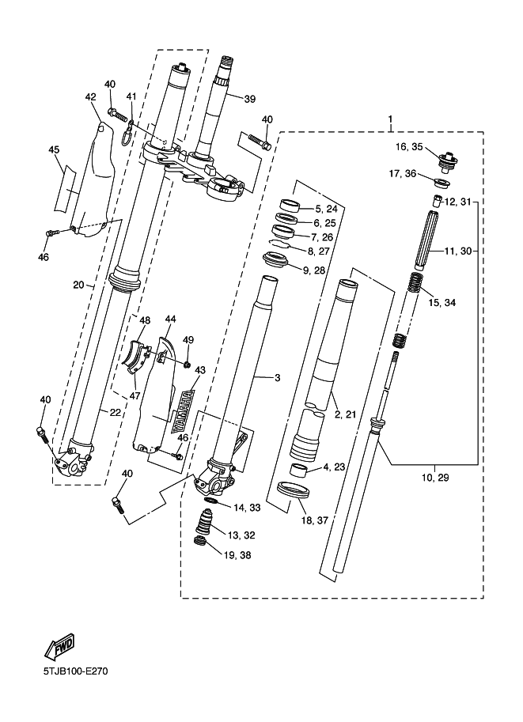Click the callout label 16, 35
tap(410, 146)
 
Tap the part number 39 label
tap(250, 99)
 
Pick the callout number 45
tap(54, 149)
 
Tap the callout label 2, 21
tap(347, 414)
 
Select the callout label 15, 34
tap(442, 302)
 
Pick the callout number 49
tap(188, 340)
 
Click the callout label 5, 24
tap(326, 210)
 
